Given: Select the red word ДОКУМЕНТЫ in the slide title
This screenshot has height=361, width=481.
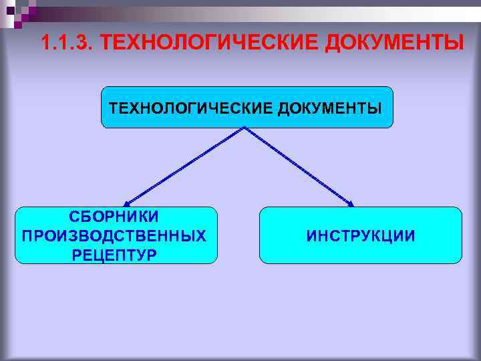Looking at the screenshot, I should pos(393,44).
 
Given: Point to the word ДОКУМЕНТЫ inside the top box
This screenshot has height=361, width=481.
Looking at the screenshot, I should pos(334,108).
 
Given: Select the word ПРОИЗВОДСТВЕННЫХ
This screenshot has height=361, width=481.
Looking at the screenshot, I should pos(114,236).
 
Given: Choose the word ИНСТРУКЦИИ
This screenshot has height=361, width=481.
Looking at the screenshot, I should pos(360,236).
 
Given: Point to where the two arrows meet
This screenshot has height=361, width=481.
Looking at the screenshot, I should pos(245,127).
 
